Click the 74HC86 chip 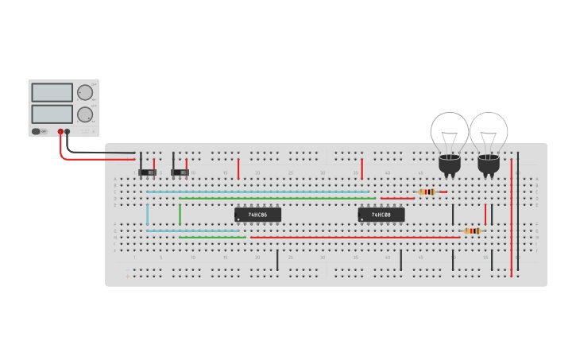(x=257, y=215)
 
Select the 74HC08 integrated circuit (x=381, y=215)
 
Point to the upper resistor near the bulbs (x=427, y=192)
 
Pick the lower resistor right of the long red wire (x=473, y=231)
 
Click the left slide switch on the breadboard (x=147, y=172)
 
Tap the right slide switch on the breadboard (x=180, y=172)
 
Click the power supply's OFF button (x=37, y=131)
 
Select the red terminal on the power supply (x=60, y=132)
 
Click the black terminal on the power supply (x=68, y=132)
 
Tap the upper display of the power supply (x=52, y=92)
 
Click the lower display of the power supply (x=52, y=114)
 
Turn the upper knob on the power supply (x=84, y=92)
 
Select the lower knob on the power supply (x=84, y=113)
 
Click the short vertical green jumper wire (x=180, y=215)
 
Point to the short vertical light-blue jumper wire (x=147, y=215)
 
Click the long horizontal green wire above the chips (x=270, y=198)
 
